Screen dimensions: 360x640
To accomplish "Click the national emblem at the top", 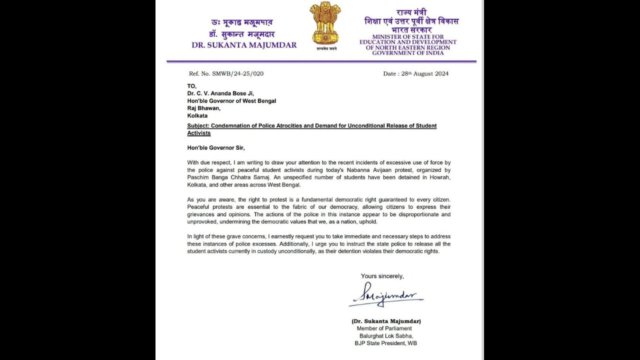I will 325,23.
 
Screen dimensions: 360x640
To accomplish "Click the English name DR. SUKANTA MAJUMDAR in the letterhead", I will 244,45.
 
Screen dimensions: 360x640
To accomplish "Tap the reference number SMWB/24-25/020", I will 237,73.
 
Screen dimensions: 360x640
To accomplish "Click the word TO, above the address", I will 192,86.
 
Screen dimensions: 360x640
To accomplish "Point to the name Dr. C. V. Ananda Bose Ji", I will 220,93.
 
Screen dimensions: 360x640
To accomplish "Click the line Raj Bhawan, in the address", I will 203,108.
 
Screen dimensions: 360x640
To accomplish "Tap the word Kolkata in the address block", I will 197,115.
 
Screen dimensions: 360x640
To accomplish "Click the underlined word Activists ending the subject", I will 199,133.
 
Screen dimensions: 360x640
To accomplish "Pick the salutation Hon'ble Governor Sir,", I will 216,147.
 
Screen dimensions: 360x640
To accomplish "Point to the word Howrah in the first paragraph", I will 440,177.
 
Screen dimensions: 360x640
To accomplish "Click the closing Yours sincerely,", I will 382,276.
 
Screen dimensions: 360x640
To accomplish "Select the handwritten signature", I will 385,296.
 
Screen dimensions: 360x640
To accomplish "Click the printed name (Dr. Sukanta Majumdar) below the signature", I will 386,321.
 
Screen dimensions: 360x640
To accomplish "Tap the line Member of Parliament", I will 384,328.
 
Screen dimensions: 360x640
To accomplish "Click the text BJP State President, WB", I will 386,343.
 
